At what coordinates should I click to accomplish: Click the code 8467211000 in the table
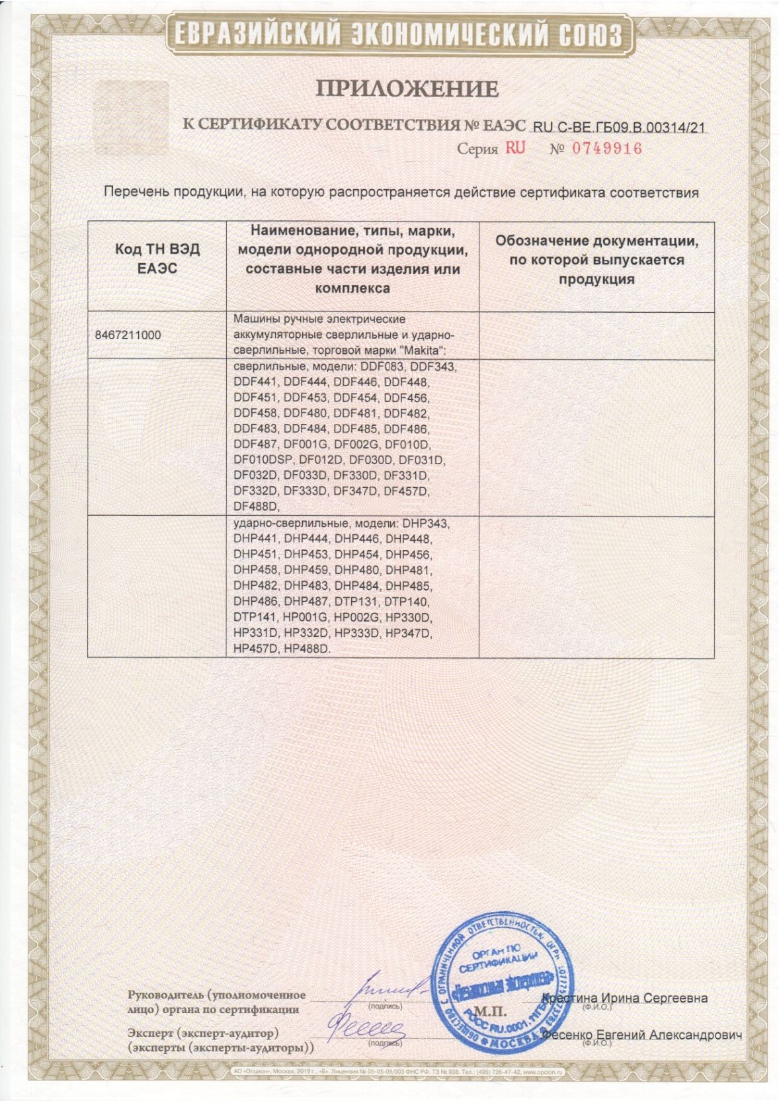coord(128,335)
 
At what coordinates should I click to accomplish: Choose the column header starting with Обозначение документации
coord(596,260)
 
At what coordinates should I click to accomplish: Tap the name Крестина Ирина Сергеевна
coord(624,998)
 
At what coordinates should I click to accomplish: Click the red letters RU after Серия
coord(515,148)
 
